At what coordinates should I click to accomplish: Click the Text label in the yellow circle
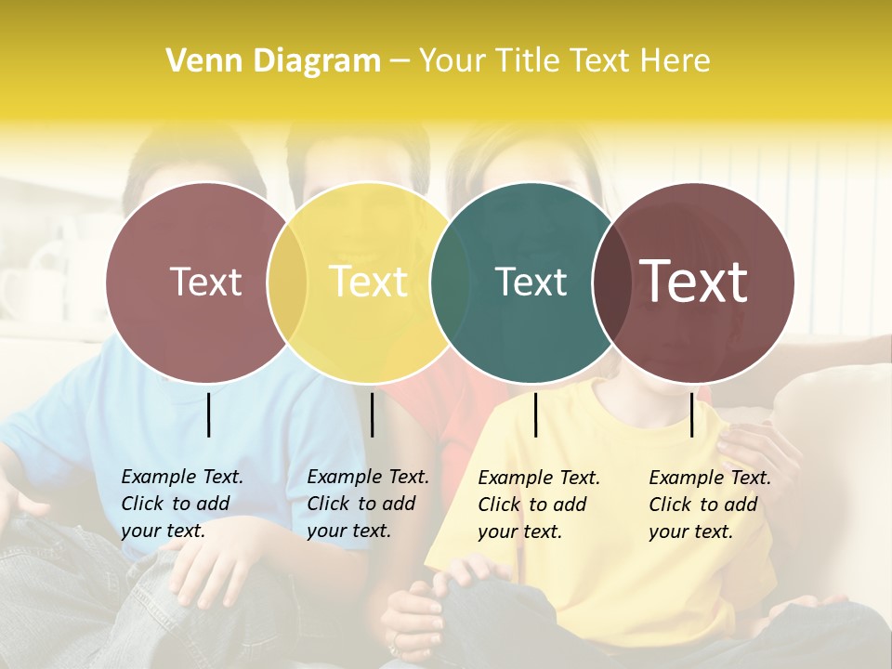[x=369, y=282]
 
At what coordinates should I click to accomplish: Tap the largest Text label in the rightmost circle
[x=694, y=282]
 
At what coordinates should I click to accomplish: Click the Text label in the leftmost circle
[x=205, y=282]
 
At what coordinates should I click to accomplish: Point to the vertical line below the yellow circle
[x=372, y=414]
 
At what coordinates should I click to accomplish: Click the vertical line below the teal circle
[x=535, y=414]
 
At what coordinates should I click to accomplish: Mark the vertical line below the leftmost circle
[x=208, y=414]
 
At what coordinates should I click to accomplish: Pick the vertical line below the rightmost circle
[x=691, y=414]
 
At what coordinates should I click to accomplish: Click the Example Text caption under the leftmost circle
[x=182, y=504]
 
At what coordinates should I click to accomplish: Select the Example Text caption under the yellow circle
[x=368, y=504]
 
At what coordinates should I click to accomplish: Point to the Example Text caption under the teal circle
[x=539, y=505]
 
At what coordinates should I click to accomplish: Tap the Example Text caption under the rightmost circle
[x=710, y=505]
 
